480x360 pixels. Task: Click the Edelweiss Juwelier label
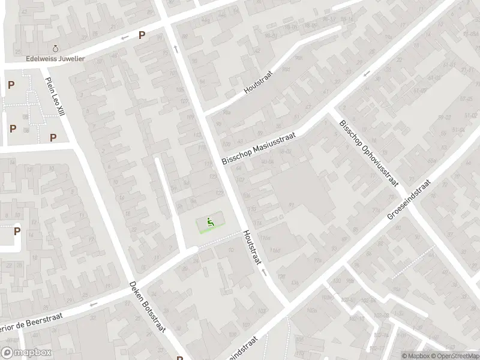(56, 59)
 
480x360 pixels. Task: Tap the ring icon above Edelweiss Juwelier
(56, 48)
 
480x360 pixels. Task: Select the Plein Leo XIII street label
(55, 97)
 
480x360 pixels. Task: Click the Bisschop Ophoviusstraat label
(368, 152)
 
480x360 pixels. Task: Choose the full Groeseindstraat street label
(409, 200)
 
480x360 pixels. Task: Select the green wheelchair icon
(209, 223)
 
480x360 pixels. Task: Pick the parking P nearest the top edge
(142, 35)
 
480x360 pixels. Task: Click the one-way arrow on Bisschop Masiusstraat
(367, 74)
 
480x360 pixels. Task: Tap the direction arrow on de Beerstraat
(92, 304)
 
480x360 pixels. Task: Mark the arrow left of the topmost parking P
(125, 38)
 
